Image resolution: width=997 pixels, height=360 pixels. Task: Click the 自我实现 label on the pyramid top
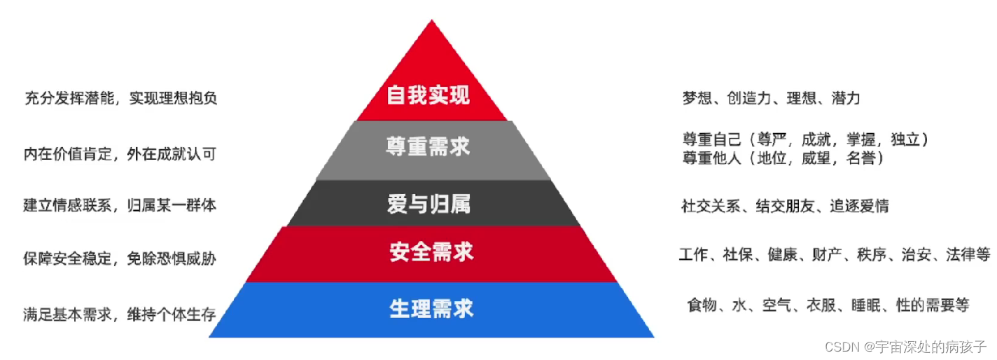pyautogui.click(x=428, y=96)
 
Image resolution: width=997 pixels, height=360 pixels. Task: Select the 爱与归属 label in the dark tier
pyautogui.click(x=428, y=204)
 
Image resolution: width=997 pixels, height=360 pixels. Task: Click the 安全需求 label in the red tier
pyautogui.click(x=431, y=251)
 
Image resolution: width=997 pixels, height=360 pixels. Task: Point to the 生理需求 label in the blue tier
pyautogui.click(x=431, y=308)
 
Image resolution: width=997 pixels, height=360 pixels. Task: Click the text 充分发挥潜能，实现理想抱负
pyautogui.click(x=120, y=98)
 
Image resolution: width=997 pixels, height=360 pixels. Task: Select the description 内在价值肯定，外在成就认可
pyautogui.click(x=120, y=153)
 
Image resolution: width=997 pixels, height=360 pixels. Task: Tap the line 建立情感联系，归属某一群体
pyautogui.click(x=120, y=205)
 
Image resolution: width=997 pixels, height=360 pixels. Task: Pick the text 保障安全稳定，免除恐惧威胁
pyautogui.click(x=120, y=258)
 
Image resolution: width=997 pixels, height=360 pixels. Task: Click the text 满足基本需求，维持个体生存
pyautogui.click(x=120, y=314)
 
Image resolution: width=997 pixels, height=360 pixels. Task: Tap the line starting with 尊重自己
pyautogui.click(x=805, y=139)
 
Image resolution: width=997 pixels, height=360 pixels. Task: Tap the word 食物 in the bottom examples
pyautogui.click(x=703, y=305)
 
